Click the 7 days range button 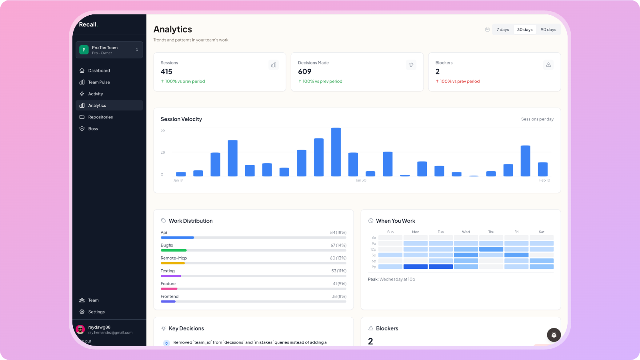[502, 30]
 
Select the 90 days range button [548, 30]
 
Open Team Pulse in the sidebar [99, 82]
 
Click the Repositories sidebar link [100, 117]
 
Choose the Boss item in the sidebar [93, 129]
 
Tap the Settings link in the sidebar [96, 312]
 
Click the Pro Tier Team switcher [109, 50]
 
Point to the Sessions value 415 [166, 72]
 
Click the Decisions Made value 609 [304, 72]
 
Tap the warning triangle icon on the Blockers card [548, 65]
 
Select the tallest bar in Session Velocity [336, 152]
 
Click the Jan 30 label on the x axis [361, 180]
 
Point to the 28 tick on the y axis [163, 152]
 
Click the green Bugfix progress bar [174, 250]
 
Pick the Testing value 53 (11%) [338, 271]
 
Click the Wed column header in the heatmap [466, 232]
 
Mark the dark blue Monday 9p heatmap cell [416, 267]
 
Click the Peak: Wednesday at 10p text [392, 279]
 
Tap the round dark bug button [554, 335]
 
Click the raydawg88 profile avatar [80, 329]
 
